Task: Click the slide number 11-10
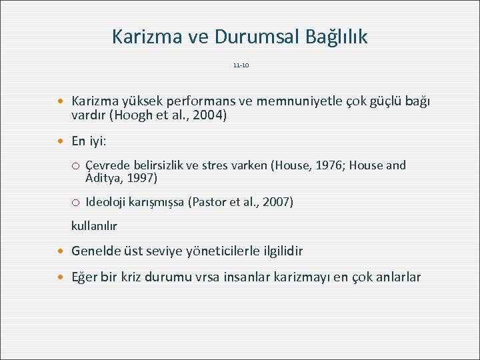point(241,66)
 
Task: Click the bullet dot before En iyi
point(62,142)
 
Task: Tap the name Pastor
point(211,202)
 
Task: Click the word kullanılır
point(94,226)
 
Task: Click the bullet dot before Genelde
point(62,251)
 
